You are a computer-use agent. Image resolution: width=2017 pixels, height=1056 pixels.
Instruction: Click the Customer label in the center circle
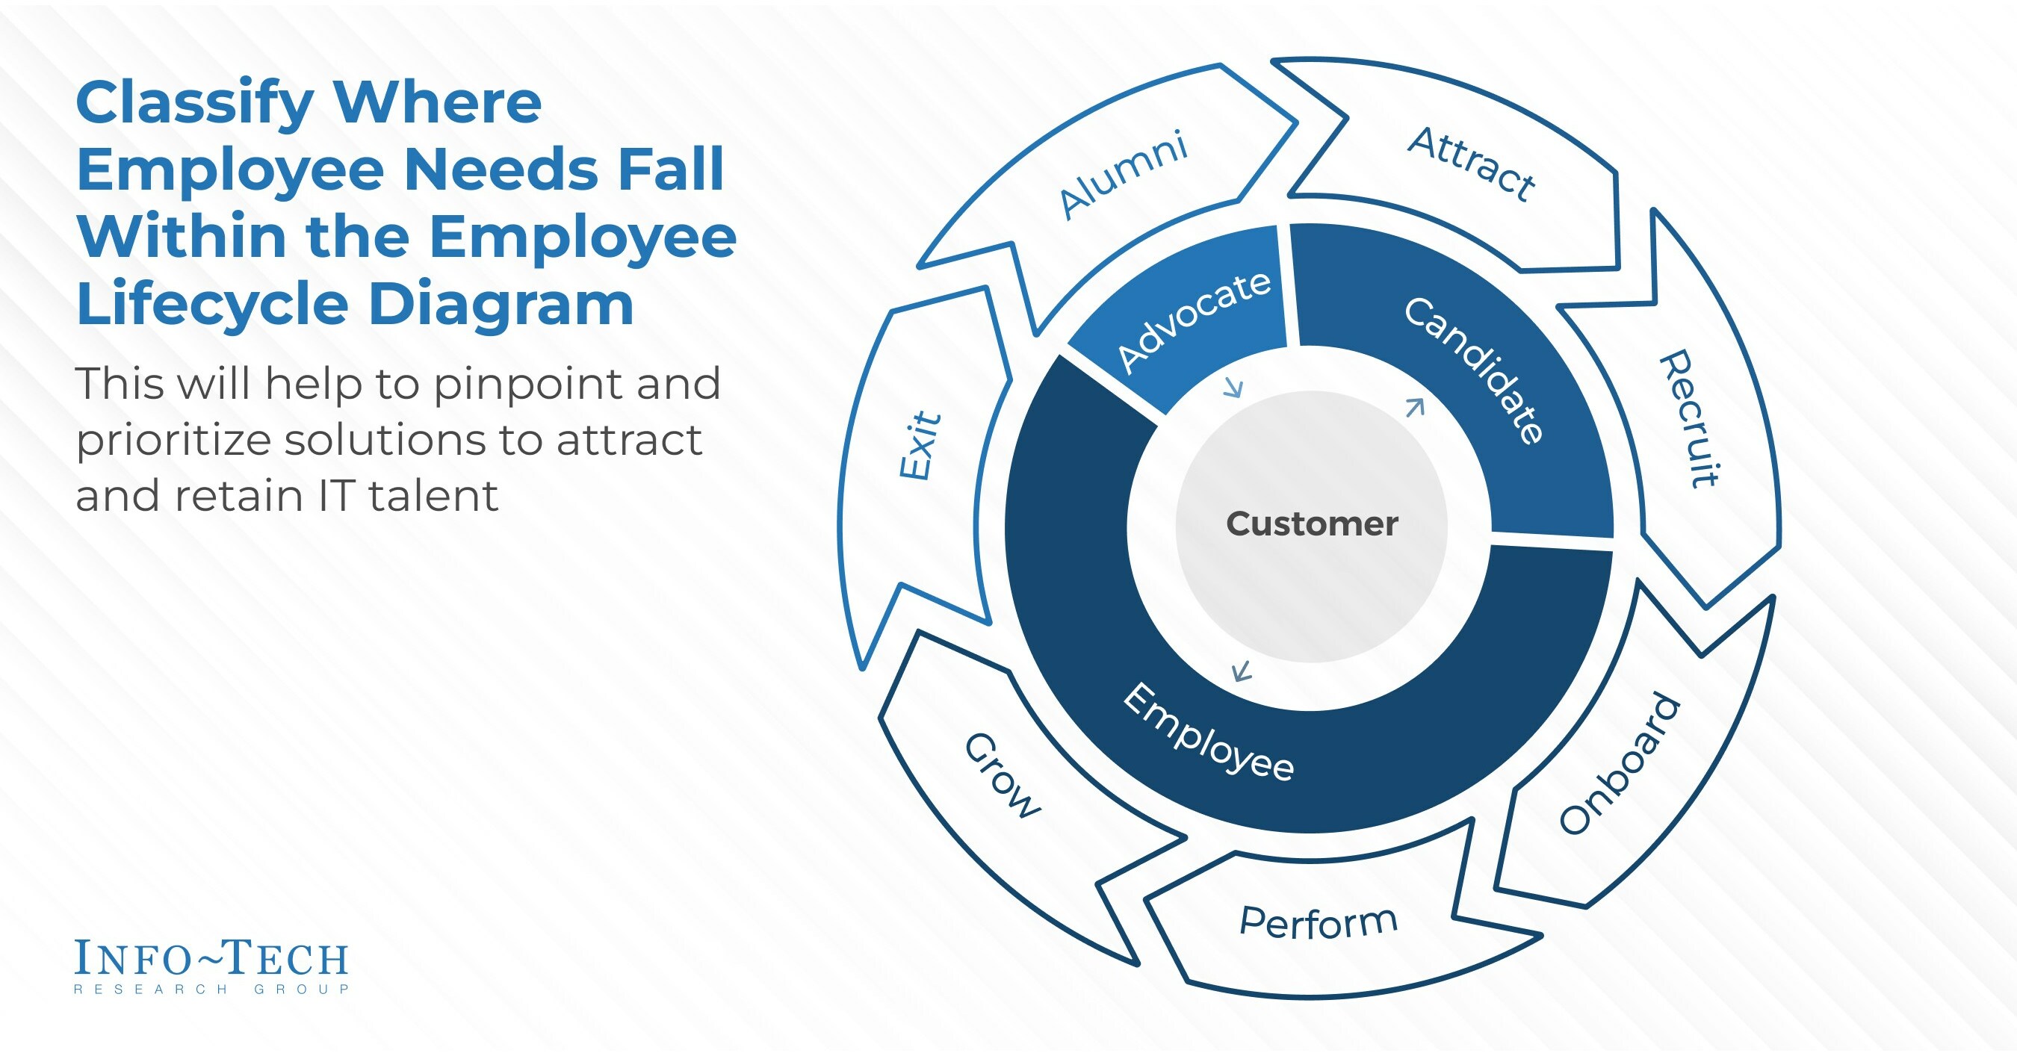1312,524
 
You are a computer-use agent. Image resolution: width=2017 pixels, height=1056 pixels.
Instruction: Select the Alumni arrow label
1123,176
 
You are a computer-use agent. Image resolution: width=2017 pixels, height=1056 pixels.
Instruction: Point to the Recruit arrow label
1691,419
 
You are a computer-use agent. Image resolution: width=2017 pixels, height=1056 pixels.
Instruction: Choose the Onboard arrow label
1620,764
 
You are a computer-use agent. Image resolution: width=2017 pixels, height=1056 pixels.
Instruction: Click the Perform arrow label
1319,923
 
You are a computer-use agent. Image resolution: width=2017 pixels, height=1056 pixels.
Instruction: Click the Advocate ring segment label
1193,321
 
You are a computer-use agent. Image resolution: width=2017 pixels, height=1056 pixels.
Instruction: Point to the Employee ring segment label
1208,733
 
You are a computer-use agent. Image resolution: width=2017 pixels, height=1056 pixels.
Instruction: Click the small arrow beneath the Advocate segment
1234,388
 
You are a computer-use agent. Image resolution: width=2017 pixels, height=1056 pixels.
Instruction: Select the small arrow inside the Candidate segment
1415,407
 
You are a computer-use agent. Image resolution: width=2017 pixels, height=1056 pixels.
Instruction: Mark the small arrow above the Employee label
1241,671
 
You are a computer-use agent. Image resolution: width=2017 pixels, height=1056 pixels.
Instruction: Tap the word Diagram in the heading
501,305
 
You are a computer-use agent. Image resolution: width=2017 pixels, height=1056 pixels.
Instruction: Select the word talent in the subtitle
433,497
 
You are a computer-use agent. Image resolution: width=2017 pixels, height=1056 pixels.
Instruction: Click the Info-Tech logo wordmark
211,958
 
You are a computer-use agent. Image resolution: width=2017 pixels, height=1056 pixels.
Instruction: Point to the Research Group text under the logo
211,990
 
